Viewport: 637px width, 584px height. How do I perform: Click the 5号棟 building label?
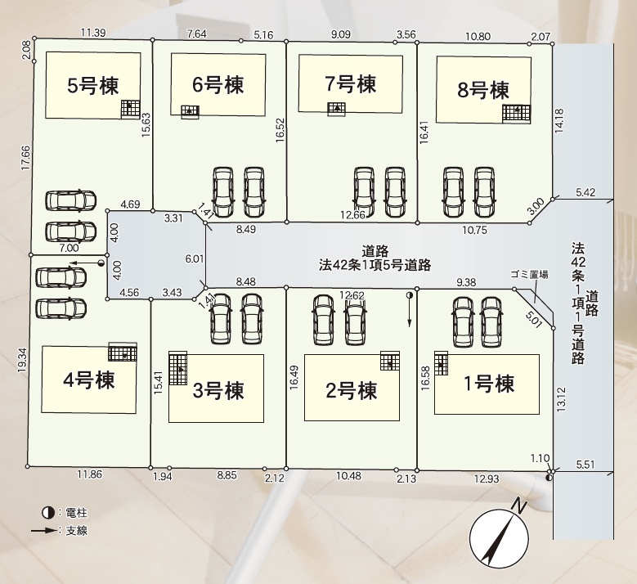click(x=93, y=86)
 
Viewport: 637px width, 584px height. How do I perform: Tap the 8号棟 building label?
click(x=483, y=90)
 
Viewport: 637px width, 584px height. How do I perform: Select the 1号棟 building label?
click(x=489, y=384)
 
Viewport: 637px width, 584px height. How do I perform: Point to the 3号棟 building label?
click(x=218, y=390)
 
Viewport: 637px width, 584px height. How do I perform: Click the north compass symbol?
click(x=500, y=537)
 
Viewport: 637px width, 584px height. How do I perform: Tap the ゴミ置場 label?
click(x=529, y=275)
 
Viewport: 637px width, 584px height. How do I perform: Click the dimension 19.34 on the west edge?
click(x=22, y=360)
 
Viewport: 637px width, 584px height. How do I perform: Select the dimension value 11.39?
click(x=93, y=33)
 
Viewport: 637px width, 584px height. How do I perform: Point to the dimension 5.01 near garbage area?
click(x=534, y=320)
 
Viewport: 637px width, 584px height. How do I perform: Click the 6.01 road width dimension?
click(x=194, y=258)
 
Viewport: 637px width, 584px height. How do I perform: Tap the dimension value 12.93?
click(x=487, y=478)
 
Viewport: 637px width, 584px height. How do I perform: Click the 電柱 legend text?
click(x=76, y=513)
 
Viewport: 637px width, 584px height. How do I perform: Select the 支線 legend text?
click(x=76, y=530)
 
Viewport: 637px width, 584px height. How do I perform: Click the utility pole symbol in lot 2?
click(x=410, y=295)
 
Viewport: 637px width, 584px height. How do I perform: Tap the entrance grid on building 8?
click(x=516, y=113)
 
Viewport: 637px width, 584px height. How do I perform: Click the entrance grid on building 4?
click(x=123, y=352)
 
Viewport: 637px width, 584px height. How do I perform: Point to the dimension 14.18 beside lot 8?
click(x=559, y=121)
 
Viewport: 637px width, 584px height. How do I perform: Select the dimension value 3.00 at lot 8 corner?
click(x=536, y=206)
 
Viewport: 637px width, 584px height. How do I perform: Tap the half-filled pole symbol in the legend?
click(x=48, y=513)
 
